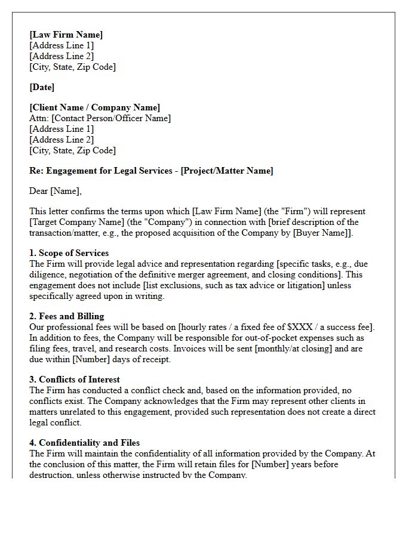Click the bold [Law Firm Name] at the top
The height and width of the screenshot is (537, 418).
coord(66,35)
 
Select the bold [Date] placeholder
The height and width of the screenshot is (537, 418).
coord(42,87)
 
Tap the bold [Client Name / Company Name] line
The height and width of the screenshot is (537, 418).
coord(94,107)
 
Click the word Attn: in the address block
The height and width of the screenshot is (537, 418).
coord(39,118)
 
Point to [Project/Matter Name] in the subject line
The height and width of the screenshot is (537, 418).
coord(227,171)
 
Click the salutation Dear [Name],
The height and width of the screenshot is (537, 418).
coord(56,191)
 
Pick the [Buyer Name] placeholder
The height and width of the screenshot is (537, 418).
coord(325,233)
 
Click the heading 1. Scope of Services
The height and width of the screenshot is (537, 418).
coord(69,253)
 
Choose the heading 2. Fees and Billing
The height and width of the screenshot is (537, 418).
coord(67,316)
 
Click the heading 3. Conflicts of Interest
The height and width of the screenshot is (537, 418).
coord(75,379)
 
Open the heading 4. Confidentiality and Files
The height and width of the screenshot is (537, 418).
coord(85,443)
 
